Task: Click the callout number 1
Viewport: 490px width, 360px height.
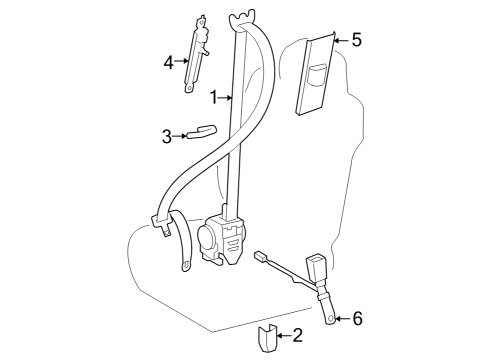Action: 215,97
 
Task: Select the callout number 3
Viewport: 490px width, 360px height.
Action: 167,136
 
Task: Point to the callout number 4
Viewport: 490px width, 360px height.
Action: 169,62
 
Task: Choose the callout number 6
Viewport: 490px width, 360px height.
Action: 358,319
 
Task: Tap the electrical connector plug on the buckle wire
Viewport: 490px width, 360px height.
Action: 263,256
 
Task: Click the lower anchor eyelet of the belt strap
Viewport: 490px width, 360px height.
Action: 187,265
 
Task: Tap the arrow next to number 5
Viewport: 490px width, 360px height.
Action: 339,40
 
